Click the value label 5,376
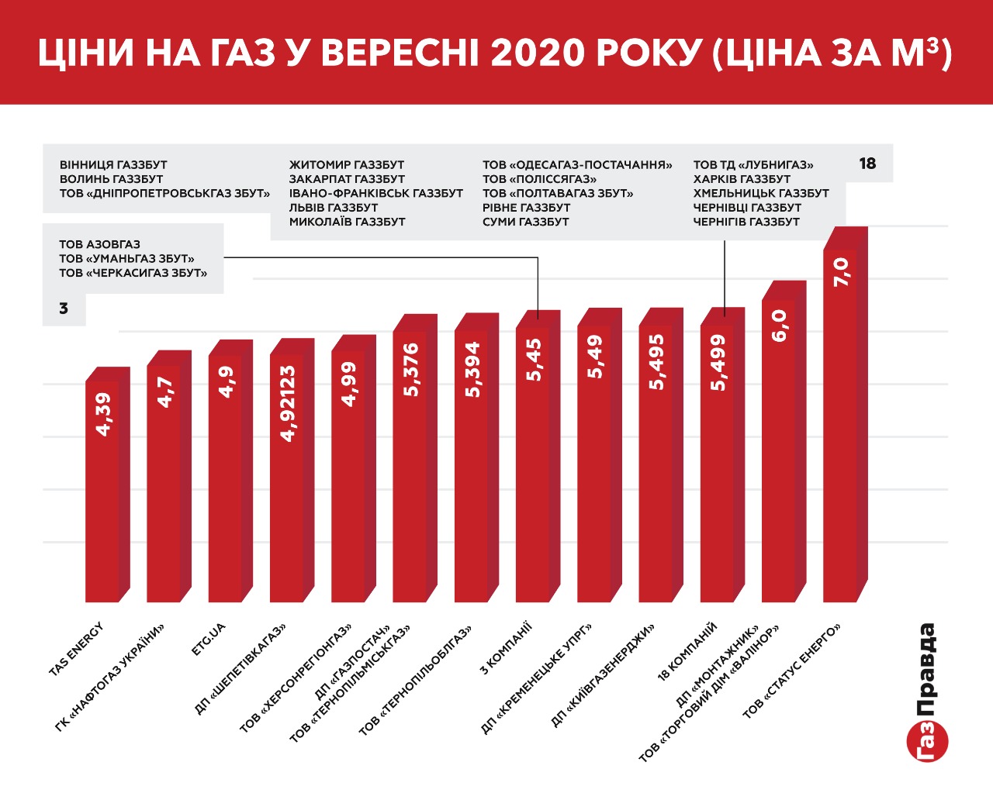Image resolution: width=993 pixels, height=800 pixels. (x=410, y=370)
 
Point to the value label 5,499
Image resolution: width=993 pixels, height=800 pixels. (x=718, y=362)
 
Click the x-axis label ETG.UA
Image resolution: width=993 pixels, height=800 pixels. (x=209, y=639)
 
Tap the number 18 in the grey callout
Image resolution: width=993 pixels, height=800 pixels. (x=867, y=164)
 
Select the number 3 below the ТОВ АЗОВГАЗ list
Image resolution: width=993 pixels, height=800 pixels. (x=64, y=309)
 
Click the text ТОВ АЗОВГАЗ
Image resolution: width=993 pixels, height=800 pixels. (x=99, y=244)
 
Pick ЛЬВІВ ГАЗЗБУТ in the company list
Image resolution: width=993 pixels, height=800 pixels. (x=334, y=208)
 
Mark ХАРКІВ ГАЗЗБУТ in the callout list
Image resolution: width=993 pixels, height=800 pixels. (x=742, y=179)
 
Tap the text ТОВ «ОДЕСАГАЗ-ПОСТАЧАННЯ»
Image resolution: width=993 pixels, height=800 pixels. (x=577, y=165)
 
